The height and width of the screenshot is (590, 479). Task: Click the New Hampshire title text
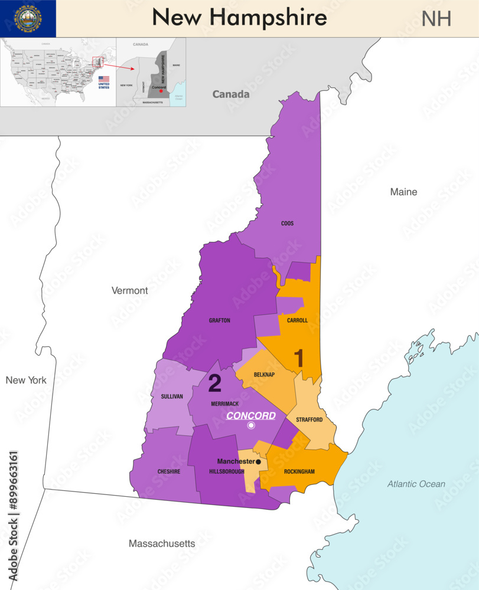[239, 18]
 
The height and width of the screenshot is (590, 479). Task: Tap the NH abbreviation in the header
[436, 19]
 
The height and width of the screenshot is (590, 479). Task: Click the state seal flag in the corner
[28, 18]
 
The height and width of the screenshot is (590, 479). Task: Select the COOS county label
[287, 224]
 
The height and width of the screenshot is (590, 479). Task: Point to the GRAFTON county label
[219, 320]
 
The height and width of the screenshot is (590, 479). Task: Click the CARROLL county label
[297, 320]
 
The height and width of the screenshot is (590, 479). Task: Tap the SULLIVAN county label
[172, 396]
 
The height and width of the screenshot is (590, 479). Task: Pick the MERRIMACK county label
[225, 404]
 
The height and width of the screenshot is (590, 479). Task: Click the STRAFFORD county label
[309, 419]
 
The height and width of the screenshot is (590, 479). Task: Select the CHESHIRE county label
[168, 471]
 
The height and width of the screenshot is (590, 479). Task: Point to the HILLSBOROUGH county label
[227, 471]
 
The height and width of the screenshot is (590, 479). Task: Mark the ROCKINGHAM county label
[299, 471]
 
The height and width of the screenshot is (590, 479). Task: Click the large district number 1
[299, 358]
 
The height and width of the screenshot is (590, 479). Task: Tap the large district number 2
[215, 383]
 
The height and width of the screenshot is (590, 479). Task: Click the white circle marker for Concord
[251, 425]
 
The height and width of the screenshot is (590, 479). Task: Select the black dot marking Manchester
[258, 461]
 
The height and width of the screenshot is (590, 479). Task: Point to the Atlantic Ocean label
[416, 484]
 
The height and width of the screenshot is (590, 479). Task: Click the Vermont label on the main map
[129, 290]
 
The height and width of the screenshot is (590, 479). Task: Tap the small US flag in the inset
[104, 78]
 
